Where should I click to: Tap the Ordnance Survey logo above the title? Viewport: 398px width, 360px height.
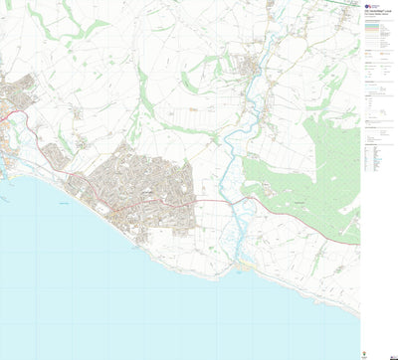[367, 5]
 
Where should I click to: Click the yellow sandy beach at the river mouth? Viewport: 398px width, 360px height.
[244, 266]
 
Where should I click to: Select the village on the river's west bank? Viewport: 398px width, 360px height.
[249, 68]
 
